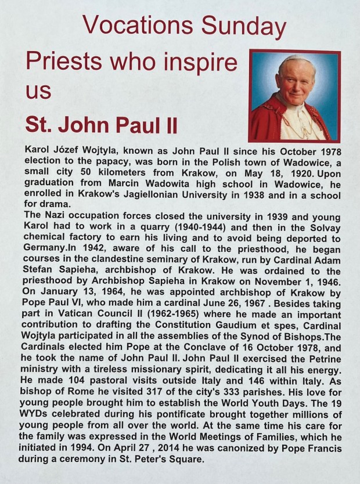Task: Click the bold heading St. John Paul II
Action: coord(101,125)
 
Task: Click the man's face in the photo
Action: coord(296,80)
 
